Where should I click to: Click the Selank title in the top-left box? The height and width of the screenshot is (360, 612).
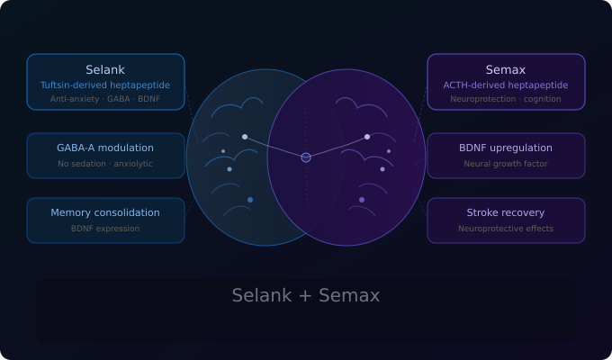tap(105, 69)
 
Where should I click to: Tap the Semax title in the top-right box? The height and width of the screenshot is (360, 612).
tap(506, 69)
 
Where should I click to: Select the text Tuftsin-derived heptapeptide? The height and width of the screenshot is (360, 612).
tap(105, 85)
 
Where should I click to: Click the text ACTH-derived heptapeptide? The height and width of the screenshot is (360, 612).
tap(506, 85)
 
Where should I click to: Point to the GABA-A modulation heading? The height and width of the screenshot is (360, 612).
tap(105, 148)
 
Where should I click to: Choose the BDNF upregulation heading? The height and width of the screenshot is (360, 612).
tap(506, 148)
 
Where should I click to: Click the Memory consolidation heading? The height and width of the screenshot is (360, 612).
tap(105, 212)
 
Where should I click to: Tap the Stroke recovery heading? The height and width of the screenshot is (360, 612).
tap(506, 212)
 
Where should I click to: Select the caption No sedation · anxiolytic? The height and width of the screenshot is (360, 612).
tap(105, 164)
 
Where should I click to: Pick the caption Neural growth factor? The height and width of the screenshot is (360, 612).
tap(506, 164)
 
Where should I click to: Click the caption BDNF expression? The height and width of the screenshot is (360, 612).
tap(105, 229)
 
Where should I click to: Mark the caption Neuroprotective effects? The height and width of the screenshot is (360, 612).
tap(506, 229)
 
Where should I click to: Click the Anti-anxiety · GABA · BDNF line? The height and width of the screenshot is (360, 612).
tap(105, 99)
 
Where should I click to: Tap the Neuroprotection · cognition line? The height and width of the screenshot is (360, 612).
tap(506, 99)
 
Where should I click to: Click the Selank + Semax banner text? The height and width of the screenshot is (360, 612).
tap(306, 295)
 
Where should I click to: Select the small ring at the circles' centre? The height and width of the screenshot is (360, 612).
tap(306, 157)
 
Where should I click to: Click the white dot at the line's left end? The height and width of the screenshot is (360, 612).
tap(245, 137)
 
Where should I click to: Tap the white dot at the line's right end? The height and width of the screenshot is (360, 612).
tap(367, 137)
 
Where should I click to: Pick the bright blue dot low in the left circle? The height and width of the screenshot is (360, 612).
tap(250, 200)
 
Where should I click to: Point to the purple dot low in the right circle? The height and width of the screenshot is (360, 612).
tap(362, 200)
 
